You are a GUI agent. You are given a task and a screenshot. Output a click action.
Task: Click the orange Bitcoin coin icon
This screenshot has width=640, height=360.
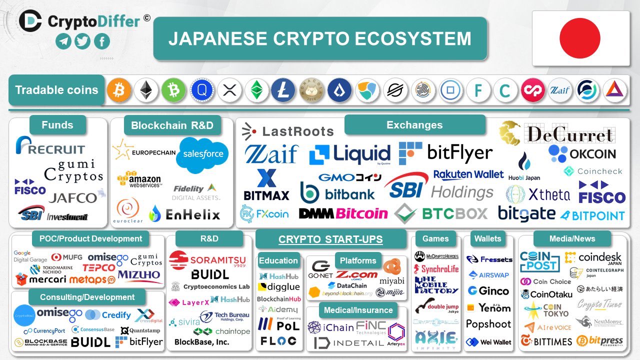(x=118, y=90)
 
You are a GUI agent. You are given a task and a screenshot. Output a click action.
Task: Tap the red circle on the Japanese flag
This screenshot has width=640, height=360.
(x=579, y=38)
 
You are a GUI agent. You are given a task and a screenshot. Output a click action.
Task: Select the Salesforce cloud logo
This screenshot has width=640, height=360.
(x=202, y=154)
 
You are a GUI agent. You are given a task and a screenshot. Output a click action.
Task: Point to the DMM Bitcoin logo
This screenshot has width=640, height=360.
(x=343, y=213)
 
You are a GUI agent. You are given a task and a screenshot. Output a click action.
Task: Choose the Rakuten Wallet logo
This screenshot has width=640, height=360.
(x=468, y=174)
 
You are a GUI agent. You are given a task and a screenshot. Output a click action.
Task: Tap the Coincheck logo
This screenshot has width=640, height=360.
(x=593, y=171)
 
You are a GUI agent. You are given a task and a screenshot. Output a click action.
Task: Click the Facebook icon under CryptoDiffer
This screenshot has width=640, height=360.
(x=101, y=41)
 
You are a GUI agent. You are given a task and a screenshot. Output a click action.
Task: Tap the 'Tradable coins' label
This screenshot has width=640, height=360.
(x=56, y=90)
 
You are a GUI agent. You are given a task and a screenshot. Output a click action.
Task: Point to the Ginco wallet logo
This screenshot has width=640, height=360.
(x=488, y=290)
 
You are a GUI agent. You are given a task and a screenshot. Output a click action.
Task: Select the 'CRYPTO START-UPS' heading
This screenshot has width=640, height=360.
(x=330, y=239)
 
